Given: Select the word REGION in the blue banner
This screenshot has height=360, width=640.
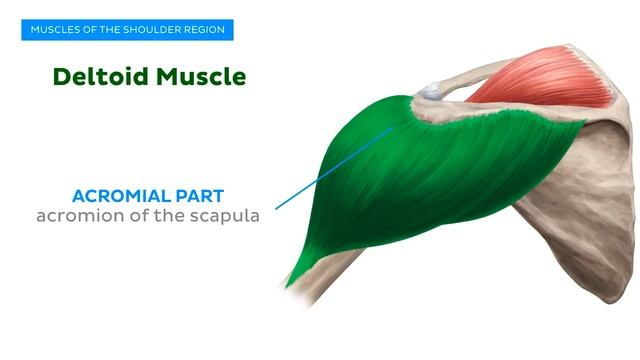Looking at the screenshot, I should point(205,30).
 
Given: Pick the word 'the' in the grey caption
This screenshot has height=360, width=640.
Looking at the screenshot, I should point(171,216).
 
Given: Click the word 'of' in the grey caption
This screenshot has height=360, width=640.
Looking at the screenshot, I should point(141,216).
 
